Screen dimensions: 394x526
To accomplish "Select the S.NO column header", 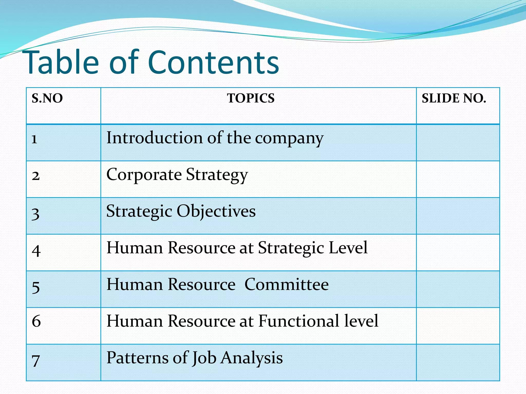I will tap(47, 98).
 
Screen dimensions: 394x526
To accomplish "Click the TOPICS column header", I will tap(251, 98).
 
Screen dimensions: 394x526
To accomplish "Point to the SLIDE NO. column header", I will tap(454, 98).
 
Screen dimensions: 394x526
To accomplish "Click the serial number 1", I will tap(34, 139).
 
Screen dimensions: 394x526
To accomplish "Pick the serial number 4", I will tap(36, 250).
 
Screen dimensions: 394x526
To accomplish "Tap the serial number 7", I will tap(36, 360).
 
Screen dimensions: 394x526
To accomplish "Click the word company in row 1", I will tap(289, 139).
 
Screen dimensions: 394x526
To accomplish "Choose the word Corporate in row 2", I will tap(144, 175).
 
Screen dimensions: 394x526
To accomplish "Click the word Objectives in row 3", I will tap(216, 211).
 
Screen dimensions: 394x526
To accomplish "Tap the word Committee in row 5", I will tap(286, 284).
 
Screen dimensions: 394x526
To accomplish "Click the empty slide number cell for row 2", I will tap(458, 179).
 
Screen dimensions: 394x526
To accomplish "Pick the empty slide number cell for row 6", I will tap(458, 326).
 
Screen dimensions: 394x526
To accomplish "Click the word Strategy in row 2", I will tap(217, 175).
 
